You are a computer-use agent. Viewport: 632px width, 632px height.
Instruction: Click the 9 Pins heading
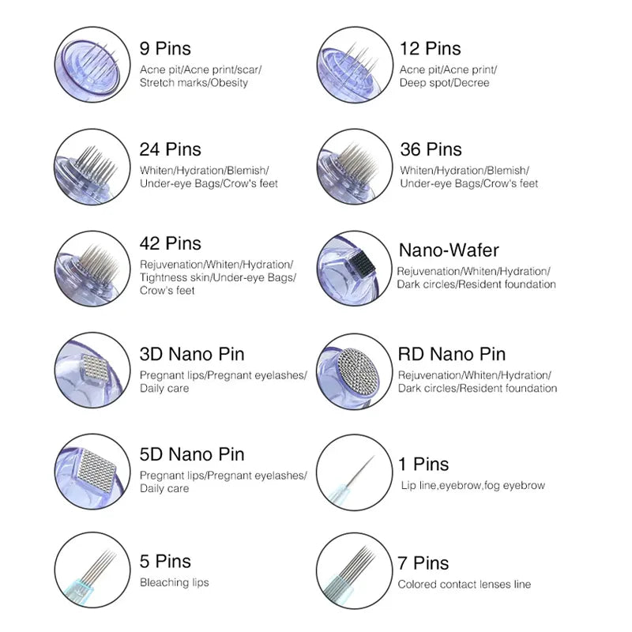point(165,49)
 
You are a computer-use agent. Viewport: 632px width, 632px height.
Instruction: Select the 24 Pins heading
point(170,149)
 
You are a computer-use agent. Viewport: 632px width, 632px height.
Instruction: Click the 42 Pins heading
point(170,243)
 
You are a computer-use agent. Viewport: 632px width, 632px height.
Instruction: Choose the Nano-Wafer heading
point(449,250)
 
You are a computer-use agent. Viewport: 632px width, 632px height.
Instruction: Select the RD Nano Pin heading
point(451,354)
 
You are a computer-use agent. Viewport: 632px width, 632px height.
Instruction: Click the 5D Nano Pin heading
point(192,454)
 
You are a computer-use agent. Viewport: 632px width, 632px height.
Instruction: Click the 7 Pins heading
point(423,563)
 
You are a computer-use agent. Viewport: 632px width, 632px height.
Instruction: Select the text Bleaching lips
point(175,583)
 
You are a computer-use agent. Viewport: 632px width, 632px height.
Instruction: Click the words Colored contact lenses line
point(464,585)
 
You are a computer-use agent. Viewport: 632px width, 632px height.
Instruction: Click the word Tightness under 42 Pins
point(164,277)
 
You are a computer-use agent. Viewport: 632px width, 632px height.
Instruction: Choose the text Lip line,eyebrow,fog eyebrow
point(472,486)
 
